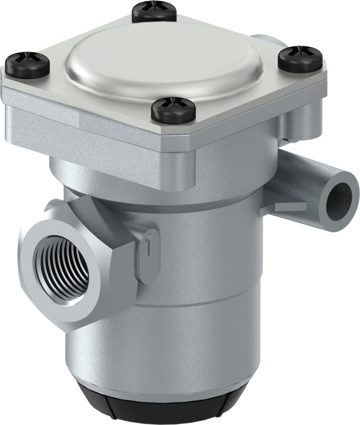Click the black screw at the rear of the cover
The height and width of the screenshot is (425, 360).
click(x=152, y=12)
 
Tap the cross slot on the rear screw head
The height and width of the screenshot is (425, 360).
click(x=152, y=7)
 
